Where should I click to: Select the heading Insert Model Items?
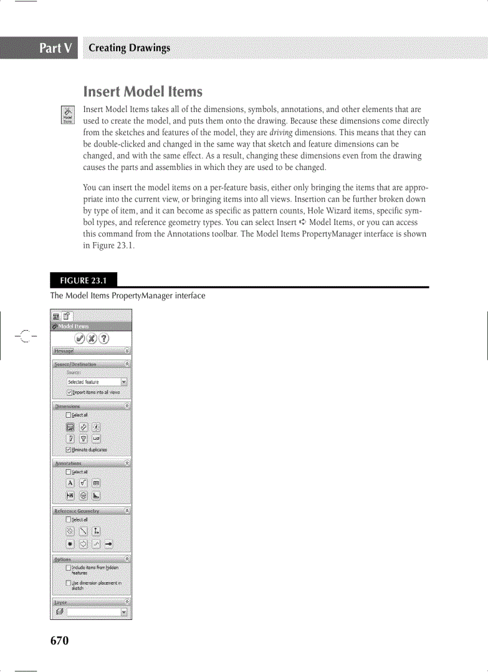(x=143, y=92)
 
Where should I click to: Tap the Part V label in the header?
(x=57, y=48)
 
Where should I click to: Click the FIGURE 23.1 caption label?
(x=83, y=280)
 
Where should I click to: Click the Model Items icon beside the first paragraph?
(x=68, y=115)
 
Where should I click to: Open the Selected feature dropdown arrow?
(x=124, y=382)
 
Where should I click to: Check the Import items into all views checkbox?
(x=69, y=393)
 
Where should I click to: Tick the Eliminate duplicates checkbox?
(x=69, y=450)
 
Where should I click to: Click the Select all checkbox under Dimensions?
(x=69, y=415)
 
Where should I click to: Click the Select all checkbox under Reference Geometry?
(x=69, y=520)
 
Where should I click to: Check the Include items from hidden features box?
(x=69, y=568)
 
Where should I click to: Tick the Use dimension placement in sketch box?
(x=69, y=583)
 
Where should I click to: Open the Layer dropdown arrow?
(x=124, y=612)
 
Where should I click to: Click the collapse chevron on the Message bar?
(x=127, y=351)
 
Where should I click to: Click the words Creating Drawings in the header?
(x=129, y=48)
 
